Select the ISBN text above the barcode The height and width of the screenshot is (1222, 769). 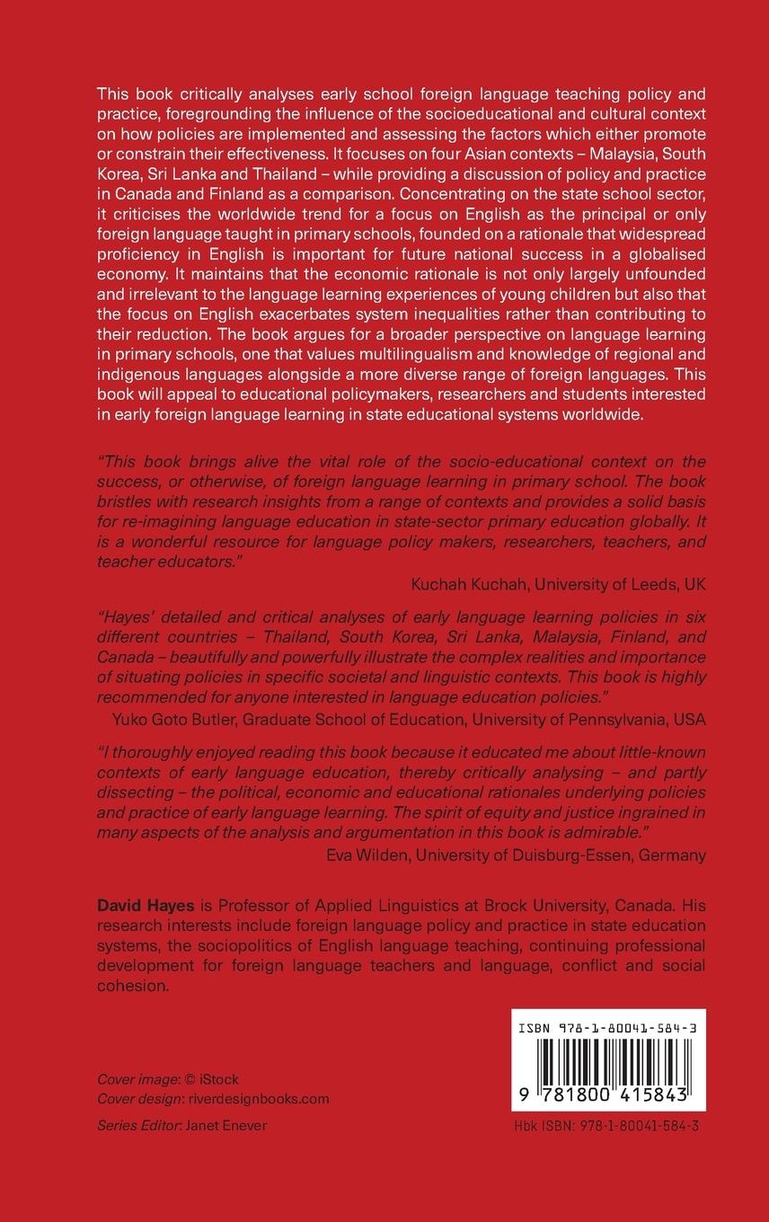click(608, 1025)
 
